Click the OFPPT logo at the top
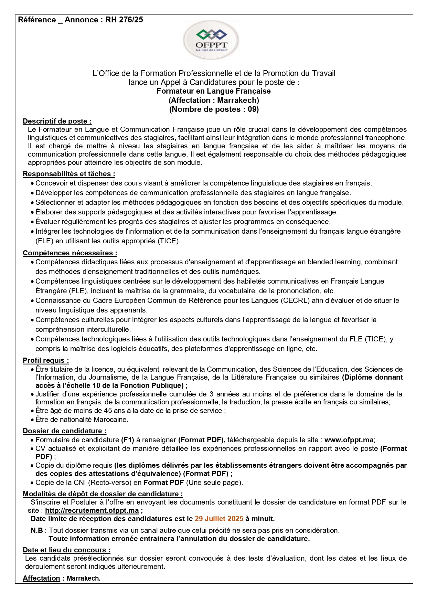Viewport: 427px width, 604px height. click(x=211, y=40)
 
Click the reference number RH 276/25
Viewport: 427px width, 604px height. click(x=124, y=20)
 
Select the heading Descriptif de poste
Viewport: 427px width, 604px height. click(x=57, y=121)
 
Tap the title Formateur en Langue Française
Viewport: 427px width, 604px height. click(x=213, y=91)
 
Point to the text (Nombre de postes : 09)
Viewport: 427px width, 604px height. click(x=214, y=109)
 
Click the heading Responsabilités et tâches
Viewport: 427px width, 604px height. click(x=69, y=174)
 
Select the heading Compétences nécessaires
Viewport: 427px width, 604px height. click(x=70, y=253)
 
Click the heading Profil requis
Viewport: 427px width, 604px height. click(x=46, y=360)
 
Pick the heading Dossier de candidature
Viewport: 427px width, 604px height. click(x=64, y=431)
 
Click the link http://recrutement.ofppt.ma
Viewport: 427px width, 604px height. click(x=92, y=510)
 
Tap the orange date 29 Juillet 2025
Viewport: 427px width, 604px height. click(x=219, y=519)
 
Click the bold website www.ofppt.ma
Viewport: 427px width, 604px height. click(x=349, y=440)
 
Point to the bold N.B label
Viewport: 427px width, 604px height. click(x=36, y=530)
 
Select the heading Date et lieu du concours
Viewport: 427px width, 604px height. click(x=66, y=550)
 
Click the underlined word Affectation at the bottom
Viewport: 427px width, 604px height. click(x=41, y=578)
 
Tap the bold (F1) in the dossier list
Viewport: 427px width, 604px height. click(x=127, y=440)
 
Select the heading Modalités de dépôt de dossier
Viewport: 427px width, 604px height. click(x=103, y=494)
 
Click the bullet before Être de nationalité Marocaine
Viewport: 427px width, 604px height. click(x=32, y=420)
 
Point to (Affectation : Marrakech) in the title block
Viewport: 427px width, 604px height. click(x=214, y=100)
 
